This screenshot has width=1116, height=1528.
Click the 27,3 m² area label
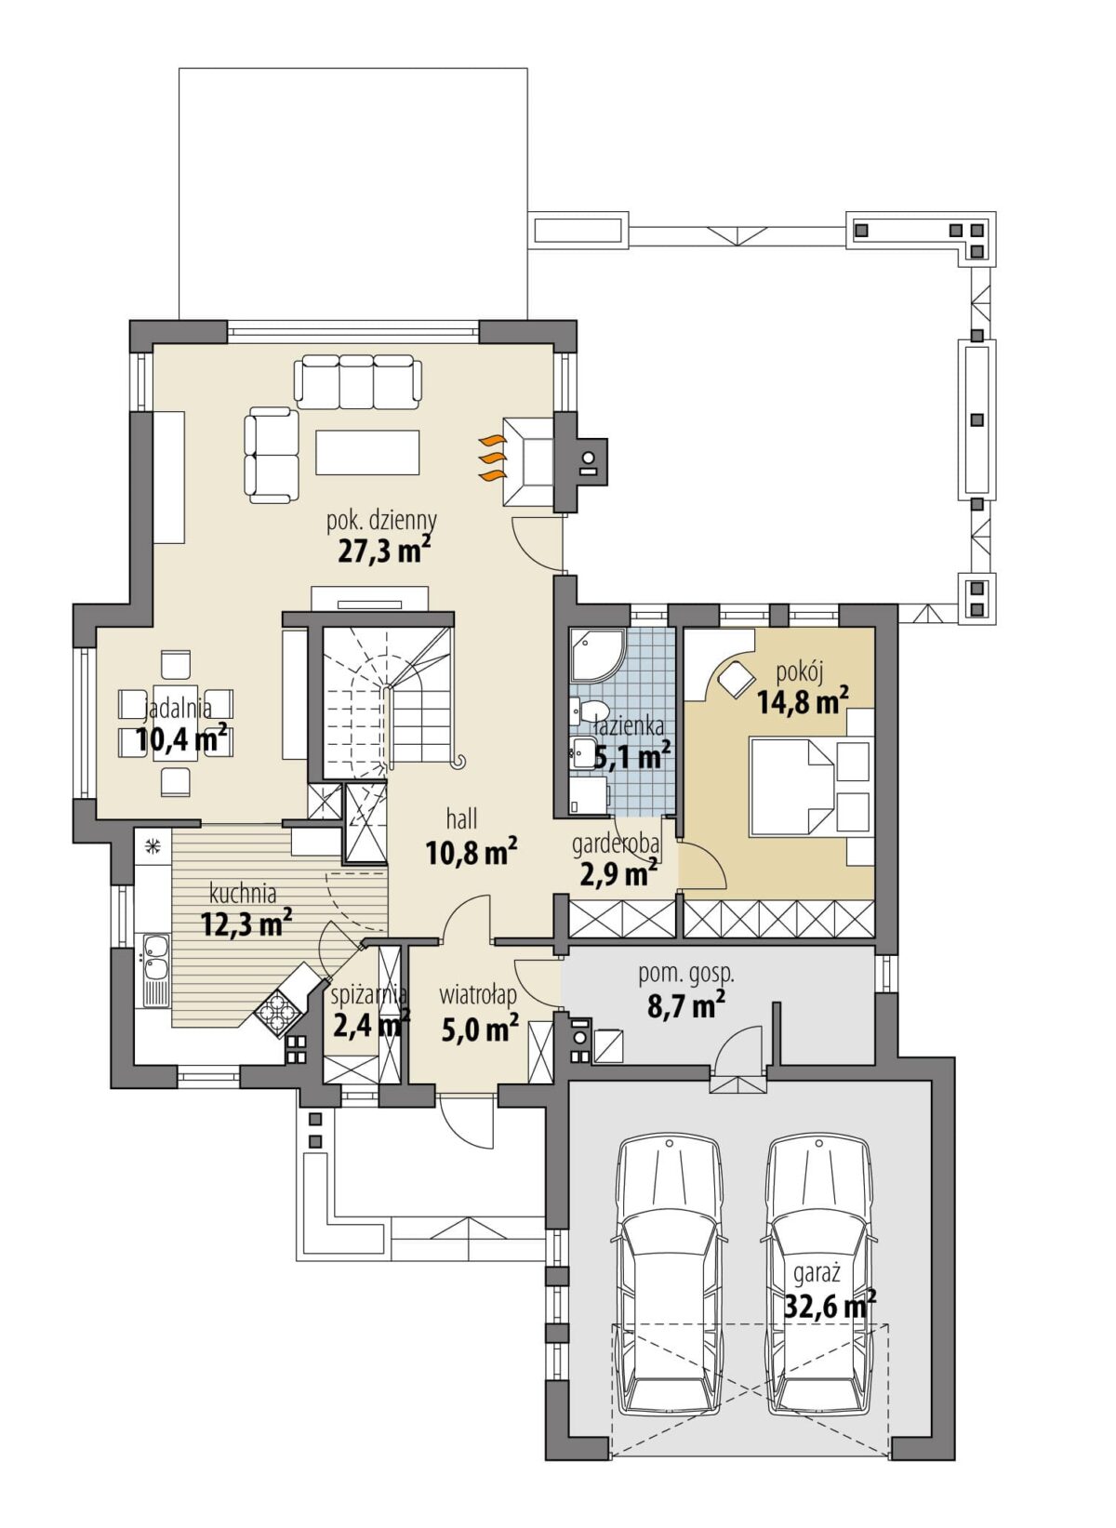click(x=384, y=550)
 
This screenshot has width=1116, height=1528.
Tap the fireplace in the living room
click(x=527, y=461)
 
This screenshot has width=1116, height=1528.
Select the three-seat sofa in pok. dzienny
click(x=357, y=381)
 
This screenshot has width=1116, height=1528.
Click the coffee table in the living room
click(x=367, y=452)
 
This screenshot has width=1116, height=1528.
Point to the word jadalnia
click(x=178, y=710)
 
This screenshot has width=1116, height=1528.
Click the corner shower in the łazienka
click(x=597, y=654)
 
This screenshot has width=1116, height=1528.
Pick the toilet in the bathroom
click(x=588, y=711)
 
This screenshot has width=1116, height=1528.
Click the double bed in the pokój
click(x=810, y=786)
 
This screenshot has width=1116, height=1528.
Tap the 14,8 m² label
click(x=803, y=700)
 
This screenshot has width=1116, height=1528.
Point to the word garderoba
click(x=616, y=844)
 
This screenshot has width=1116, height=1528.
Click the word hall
click(x=462, y=817)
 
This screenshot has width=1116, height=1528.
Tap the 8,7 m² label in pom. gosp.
click(x=685, y=1005)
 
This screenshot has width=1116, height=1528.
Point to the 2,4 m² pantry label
click(x=372, y=1024)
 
